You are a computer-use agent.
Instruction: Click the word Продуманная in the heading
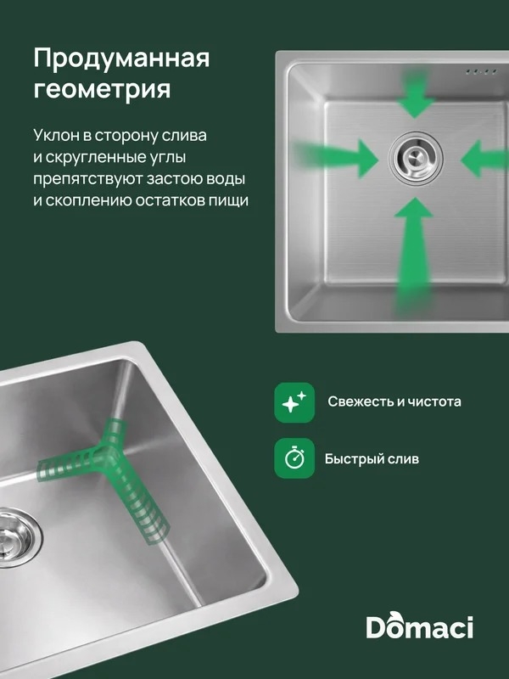click(x=121, y=58)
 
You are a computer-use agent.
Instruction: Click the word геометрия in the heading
click(x=102, y=89)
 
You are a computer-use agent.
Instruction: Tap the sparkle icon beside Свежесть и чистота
click(x=294, y=402)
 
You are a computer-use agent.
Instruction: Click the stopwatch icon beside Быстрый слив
click(x=294, y=458)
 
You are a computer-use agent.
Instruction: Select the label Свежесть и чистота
click(x=394, y=401)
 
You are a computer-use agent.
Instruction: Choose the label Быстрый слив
click(x=372, y=458)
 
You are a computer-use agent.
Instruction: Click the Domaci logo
click(x=419, y=626)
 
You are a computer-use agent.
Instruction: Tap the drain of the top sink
click(x=416, y=158)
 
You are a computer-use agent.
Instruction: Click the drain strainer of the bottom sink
click(x=16, y=537)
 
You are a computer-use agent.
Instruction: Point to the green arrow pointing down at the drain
click(x=415, y=96)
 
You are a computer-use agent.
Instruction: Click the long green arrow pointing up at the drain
click(x=414, y=255)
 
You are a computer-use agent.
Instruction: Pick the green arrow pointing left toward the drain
click(x=484, y=159)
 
